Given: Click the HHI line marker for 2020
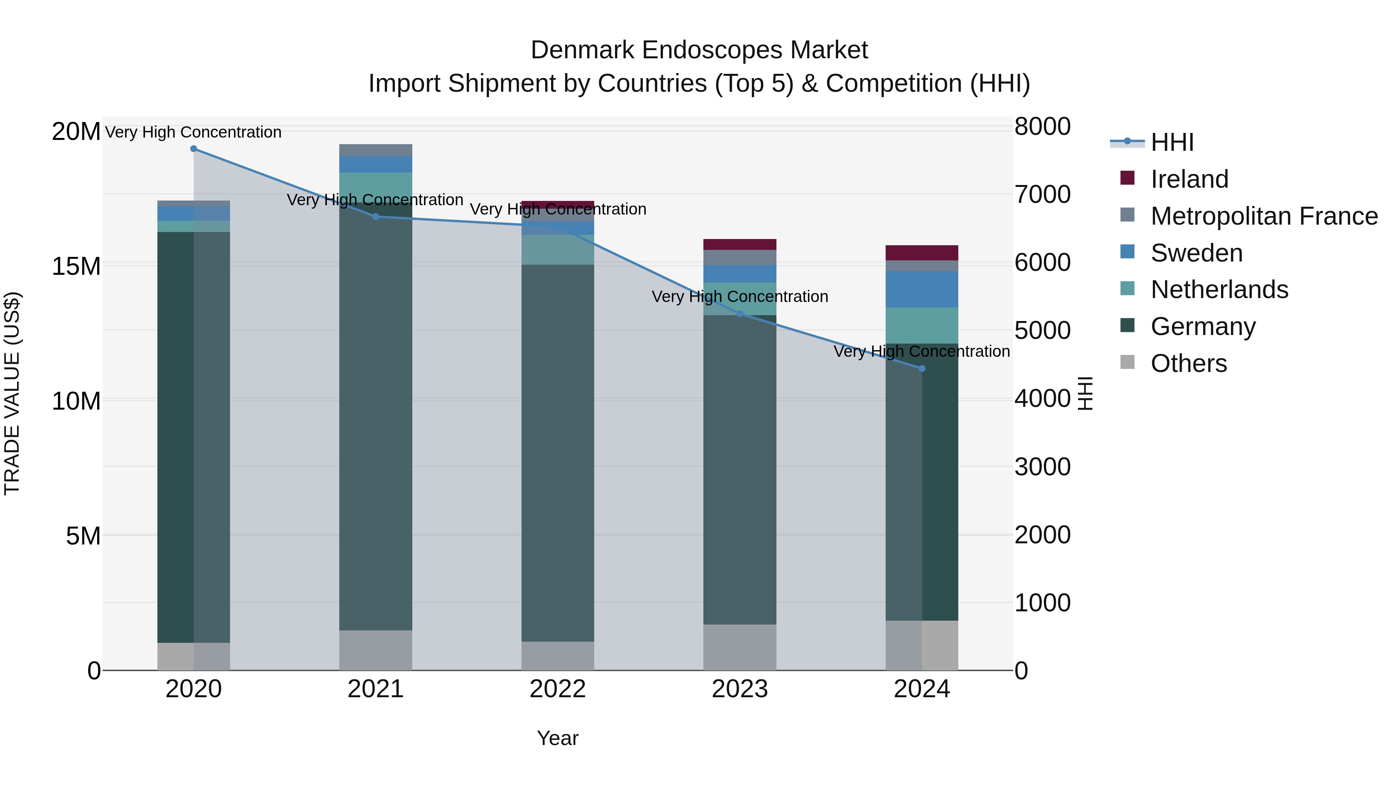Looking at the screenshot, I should click(x=194, y=149).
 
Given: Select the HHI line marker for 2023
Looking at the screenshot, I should click(x=740, y=314).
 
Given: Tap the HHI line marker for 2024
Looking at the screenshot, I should click(x=922, y=369).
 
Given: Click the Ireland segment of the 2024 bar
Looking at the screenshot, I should click(x=922, y=253).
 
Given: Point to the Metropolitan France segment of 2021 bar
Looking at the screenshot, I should click(x=375, y=150).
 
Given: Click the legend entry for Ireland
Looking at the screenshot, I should click(x=1188, y=179).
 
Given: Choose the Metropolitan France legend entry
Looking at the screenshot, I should click(x=1263, y=216).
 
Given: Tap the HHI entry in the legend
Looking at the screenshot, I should click(x=1171, y=142).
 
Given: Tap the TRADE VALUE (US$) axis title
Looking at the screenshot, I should click(x=12, y=393).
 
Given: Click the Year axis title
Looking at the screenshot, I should click(x=557, y=738).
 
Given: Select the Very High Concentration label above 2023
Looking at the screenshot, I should click(x=740, y=297).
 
